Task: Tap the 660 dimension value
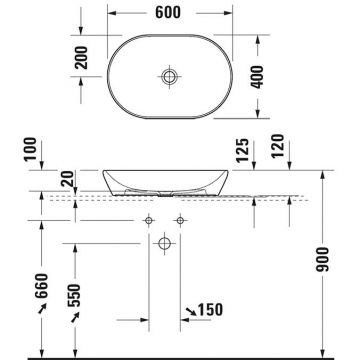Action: pos(39,293)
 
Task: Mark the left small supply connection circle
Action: pos(151,219)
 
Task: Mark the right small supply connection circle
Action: pos(181,219)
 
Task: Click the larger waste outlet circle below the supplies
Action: pos(166,240)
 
